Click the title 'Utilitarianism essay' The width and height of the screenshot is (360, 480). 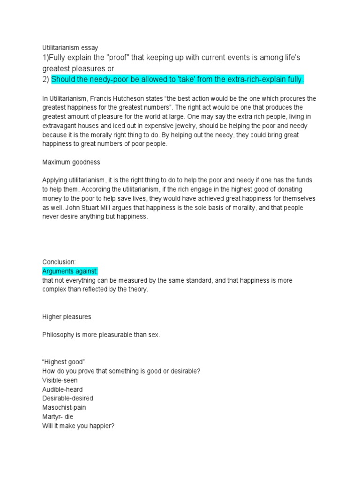click(x=70, y=48)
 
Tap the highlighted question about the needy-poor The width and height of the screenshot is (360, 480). click(x=177, y=80)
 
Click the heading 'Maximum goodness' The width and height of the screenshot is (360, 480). click(x=71, y=162)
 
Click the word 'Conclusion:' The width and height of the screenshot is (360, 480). click(x=59, y=262)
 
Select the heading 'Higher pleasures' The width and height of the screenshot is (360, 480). click(x=67, y=317)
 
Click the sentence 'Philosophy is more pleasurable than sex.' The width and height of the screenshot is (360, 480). click(x=101, y=335)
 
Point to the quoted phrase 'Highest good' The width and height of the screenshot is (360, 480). click(x=63, y=362)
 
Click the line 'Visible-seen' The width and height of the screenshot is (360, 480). click(x=60, y=380)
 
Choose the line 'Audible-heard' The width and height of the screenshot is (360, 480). click(x=62, y=390)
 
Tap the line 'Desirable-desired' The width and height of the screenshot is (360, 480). click(x=67, y=398)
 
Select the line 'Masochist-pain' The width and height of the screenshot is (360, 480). click(x=64, y=407)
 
